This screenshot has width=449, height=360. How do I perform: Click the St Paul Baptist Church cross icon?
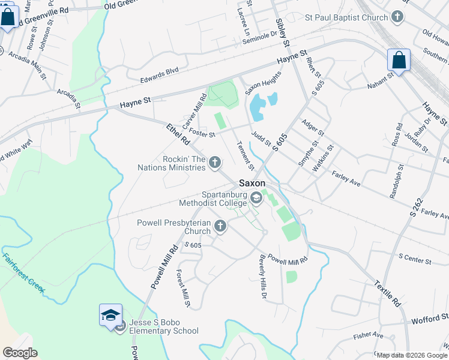click(397, 17)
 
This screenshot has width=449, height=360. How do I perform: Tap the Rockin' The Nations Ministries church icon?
click(214, 162)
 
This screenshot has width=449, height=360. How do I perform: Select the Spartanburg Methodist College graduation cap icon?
click(256, 197)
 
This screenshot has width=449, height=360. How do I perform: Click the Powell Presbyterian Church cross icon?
click(220, 226)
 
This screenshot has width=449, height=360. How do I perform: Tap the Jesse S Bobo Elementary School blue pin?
click(111, 315)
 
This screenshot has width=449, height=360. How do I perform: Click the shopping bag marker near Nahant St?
click(399, 61)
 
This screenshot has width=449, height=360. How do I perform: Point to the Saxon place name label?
click(252, 184)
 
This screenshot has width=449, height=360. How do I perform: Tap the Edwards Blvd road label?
click(160, 71)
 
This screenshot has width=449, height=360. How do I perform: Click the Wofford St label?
click(430, 320)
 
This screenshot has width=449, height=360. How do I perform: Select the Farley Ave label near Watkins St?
click(346, 177)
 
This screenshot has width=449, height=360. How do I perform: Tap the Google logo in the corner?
click(20, 353)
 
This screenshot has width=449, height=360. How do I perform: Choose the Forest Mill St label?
click(182, 288)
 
